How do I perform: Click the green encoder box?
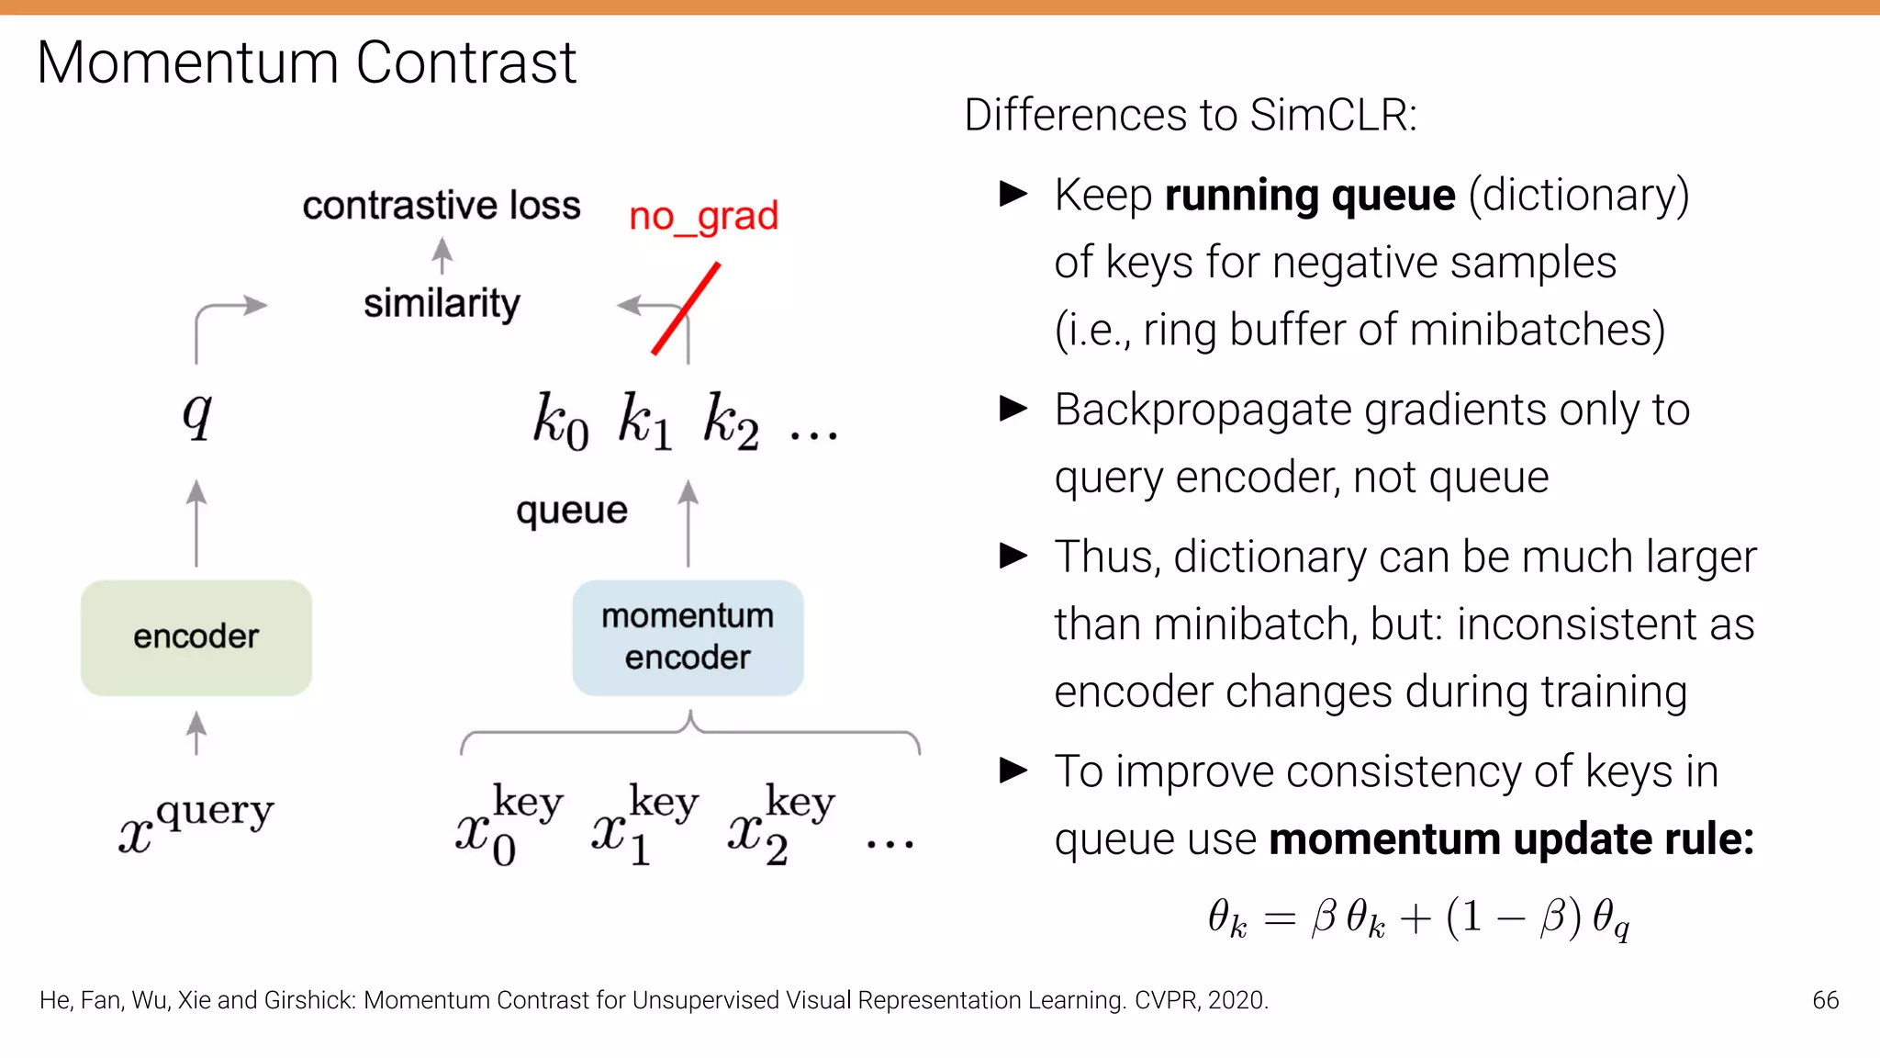pos(196,637)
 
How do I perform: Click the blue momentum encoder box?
pos(688,637)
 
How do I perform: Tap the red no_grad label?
pos(703,217)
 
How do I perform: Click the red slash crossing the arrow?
pos(686,309)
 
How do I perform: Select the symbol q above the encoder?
pos(196,414)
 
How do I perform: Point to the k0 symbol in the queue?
pos(560,422)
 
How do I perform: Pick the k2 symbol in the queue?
pos(731,422)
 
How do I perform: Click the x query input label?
pos(196,821)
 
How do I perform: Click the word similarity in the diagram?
pos(442,303)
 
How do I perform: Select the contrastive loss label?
pos(442,206)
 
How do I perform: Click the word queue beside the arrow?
pos(571,511)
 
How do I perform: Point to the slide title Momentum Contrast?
pos(307,62)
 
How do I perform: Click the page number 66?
pos(1825,1000)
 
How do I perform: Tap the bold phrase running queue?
pos(1310,195)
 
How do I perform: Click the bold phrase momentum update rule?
pos(1511,839)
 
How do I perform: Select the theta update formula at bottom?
pos(1418,917)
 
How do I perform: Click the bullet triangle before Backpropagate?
pos(1013,408)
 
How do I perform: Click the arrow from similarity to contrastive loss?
pos(442,255)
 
